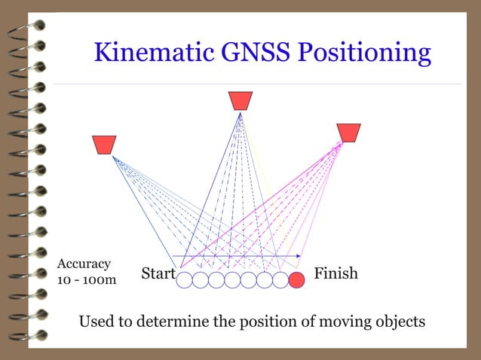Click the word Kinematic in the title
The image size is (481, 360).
pyautogui.click(x=154, y=53)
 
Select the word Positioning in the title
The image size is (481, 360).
pyautogui.click(x=365, y=53)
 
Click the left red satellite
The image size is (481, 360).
pyautogui.click(x=103, y=145)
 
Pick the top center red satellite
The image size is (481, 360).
pyautogui.click(x=240, y=101)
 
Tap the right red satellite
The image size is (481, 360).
pyautogui.click(x=348, y=133)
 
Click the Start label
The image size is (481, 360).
pyautogui.click(x=158, y=274)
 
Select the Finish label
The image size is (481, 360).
pyautogui.click(x=335, y=273)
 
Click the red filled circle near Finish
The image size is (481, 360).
pyautogui.click(x=297, y=280)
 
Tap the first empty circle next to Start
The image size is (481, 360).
pyautogui.click(x=184, y=280)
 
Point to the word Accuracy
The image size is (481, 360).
pyautogui.click(x=84, y=264)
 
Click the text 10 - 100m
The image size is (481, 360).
pyautogui.click(x=87, y=280)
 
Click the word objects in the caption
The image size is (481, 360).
pyautogui.click(x=400, y=322)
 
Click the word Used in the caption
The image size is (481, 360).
pyautogui.click(x=97, y=322)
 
